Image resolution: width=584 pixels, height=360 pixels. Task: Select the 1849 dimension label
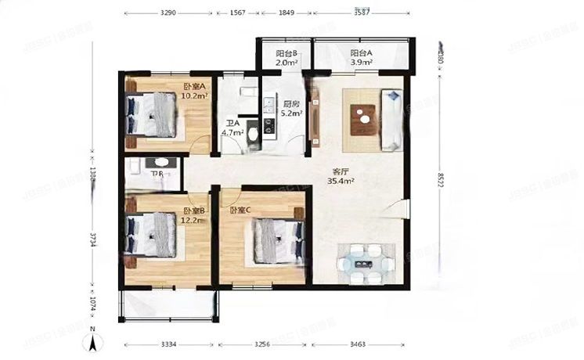(285, 13)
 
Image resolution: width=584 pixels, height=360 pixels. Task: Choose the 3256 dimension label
(263, 344)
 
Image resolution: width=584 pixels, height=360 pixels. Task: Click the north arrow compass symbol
(92, 339)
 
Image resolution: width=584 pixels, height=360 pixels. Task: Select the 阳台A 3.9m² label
(361, 57)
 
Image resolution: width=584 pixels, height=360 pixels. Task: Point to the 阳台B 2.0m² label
(287, 57)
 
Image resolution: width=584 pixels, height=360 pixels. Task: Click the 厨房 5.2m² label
(292, 107)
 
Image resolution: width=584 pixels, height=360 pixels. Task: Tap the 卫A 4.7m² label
(233, 128)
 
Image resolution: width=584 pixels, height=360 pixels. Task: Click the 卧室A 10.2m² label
(193, 91)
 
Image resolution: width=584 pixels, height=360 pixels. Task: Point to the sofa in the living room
(391, 120)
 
